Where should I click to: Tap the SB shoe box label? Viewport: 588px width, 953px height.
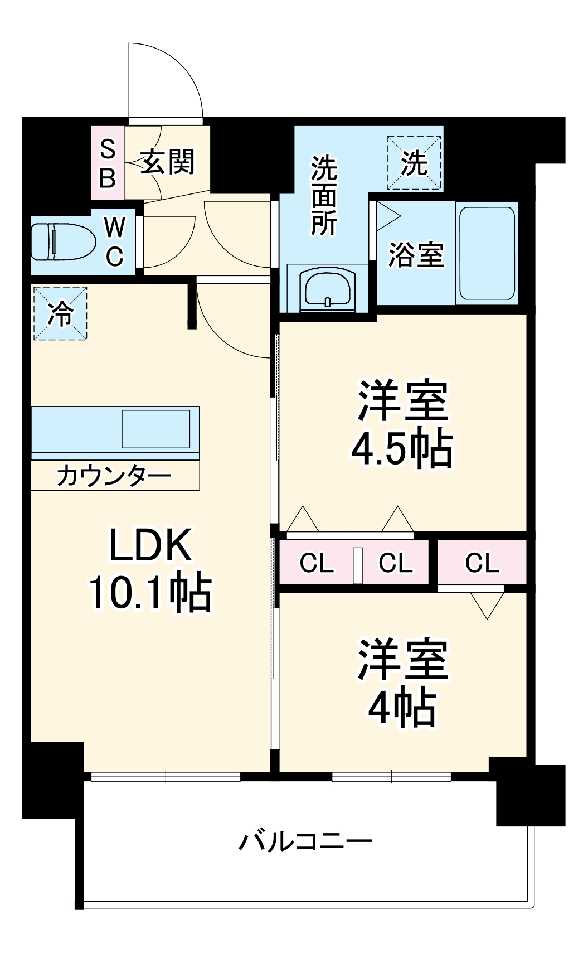click(108, 163)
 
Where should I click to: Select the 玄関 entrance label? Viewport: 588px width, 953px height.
click(167, 162)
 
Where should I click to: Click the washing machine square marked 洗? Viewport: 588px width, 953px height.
click(414, 163)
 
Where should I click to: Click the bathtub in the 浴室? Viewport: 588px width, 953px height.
click(487, 254)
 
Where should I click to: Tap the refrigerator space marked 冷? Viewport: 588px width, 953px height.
click(60, 313)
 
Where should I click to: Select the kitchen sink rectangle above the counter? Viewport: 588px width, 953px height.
click(156, 428)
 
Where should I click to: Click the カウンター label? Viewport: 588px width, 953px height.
click(114, 476)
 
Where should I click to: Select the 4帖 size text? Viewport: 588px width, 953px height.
click(402, 707)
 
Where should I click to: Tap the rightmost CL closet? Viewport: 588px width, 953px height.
click(482, 563)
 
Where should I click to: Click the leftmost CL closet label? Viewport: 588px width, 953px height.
click(317, 563)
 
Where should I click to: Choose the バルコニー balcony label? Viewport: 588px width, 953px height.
click(305, 841)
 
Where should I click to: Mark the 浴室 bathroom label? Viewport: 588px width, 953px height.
click(416, 255)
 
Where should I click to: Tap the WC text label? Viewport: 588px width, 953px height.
click(115, 242)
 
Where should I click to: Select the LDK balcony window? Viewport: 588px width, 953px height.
click(166, 776)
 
